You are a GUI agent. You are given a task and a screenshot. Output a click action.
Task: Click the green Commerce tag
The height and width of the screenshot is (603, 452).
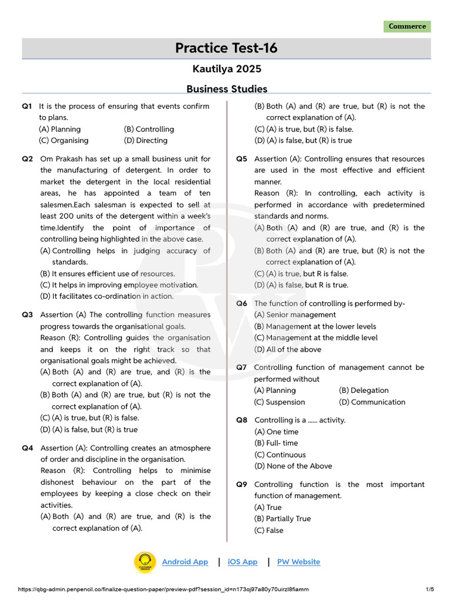pos(407,26)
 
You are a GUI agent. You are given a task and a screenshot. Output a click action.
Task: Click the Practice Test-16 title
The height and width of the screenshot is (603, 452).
pos(226,48)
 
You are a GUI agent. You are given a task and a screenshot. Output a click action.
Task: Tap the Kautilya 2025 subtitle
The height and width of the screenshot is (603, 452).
pos(227,69)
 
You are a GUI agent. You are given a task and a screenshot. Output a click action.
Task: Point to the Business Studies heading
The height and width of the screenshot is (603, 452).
pos(227,89)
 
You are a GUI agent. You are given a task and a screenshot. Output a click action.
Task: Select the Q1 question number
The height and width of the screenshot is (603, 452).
pos(27,107)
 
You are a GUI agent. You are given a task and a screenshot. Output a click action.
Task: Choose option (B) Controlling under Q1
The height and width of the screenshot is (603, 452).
pos(149,129)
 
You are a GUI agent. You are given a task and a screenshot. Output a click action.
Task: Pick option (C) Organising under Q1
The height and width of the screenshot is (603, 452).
pos(64,141)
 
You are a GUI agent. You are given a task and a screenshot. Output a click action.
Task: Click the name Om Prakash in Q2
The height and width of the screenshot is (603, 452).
pos(62,159)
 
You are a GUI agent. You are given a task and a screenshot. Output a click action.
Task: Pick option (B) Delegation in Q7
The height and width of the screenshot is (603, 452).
pos(364,390)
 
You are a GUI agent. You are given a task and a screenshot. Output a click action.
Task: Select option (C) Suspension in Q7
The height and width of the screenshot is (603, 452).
pos(280,402)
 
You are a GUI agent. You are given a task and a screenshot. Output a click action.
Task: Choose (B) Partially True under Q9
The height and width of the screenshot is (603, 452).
pos(282,519)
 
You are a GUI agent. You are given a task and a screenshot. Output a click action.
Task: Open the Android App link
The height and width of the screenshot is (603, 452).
pos(185,562)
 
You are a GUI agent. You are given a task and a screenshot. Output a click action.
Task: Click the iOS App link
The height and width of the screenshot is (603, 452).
pos(242,562)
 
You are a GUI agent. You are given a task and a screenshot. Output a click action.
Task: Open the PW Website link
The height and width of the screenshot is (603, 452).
pos(298,562)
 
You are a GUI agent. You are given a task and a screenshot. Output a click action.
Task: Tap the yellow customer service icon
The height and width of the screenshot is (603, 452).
pos(144,562)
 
